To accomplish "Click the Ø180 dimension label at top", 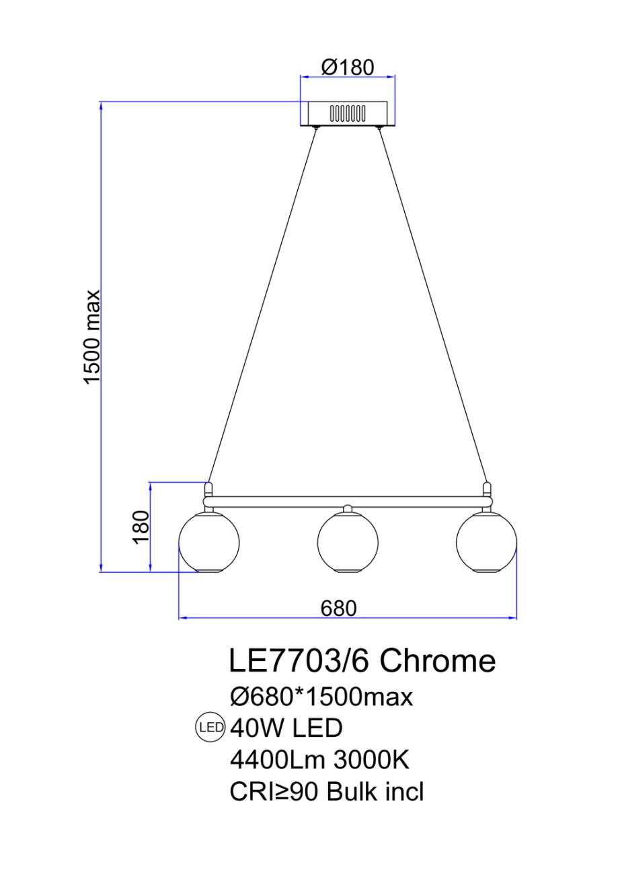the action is tap(347, 68).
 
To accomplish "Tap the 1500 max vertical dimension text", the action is tap(93, 337).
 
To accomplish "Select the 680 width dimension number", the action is tap(339, 608).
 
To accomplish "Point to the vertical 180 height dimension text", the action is tap(141, 526).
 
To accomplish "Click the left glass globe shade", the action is tap(208, 543).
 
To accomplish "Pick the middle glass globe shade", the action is tap(348, 543).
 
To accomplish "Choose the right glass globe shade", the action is tap(486, 543).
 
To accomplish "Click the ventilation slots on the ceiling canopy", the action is tap(348, 114).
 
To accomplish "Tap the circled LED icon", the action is tap(210, 727).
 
